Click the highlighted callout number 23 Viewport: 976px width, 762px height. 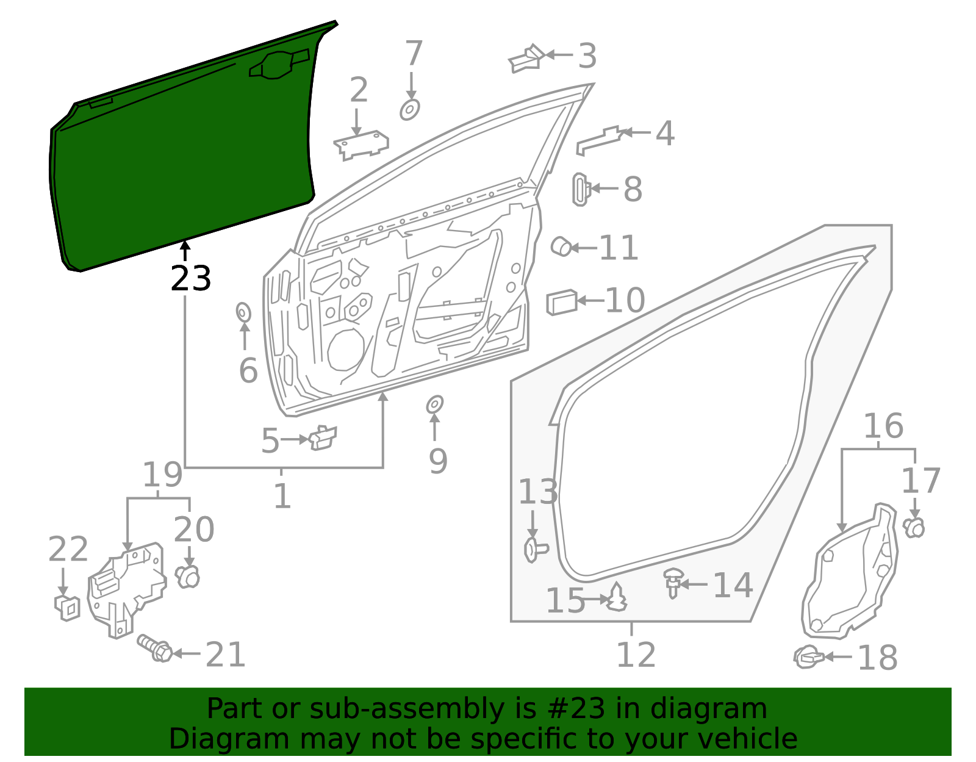(x=191, y=278)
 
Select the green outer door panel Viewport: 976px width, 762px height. (x=183, y=159)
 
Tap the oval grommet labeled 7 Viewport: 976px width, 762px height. (x=410, y=110)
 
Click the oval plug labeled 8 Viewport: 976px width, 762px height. (x=580, y=189)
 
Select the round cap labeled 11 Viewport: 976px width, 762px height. (x=561, y=247)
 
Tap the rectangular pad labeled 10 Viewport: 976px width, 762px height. (x=561, y=302)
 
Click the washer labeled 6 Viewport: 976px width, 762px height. (x=243, y=312)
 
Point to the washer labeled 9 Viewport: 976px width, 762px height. (x=434, y=404)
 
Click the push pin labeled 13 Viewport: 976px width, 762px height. (x=534, y=550)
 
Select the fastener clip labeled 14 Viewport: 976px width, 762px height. (x=673, y=581)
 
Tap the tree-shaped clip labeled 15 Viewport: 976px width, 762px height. (x=617, y=598)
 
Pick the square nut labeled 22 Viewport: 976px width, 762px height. (x=67, y=607)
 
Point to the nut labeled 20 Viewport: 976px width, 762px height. (x=188, y=575)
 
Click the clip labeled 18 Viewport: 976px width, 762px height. (x=808, y=656)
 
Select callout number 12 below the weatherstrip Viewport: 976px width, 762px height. (x=636, y=655)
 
